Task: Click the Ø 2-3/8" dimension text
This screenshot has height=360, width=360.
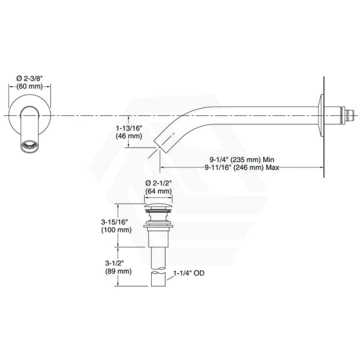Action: coord(30,78)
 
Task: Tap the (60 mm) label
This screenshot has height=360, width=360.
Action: coord(30,86)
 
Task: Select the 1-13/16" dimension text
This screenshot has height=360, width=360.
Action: coord(129,128)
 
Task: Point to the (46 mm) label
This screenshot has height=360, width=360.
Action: coord(129,136)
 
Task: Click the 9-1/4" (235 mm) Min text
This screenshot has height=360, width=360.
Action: coord(242,159)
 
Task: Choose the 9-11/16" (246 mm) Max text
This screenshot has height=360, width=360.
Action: coord(242,167)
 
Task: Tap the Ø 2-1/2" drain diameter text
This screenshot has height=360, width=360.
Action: coord(159,183)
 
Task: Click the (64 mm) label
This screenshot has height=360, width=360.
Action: coord(159,191)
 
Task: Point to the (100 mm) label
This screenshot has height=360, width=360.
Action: coord(117,230)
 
